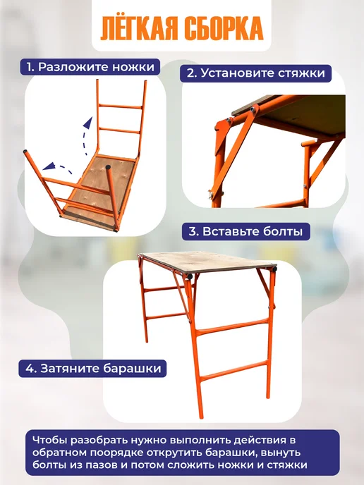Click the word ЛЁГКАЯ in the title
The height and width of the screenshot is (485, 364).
point(140,28)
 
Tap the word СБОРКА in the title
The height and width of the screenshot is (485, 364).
point(224,29)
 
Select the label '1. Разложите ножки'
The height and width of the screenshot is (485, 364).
point(90,67)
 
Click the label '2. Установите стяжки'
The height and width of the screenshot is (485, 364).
point(255,73)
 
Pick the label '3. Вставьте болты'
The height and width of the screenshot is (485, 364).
point(245,231)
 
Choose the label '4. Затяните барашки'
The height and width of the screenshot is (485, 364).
point(92,369)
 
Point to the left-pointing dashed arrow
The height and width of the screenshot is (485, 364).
point(58,168)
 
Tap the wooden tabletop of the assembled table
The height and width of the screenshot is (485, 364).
point(208,262)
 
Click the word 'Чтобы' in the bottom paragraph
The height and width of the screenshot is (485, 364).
point(49,440)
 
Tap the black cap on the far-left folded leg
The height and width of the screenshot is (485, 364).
point(25,152)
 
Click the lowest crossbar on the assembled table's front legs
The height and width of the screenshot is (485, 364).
point(234,371)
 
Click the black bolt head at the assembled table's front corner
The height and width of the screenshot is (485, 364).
point(189,276)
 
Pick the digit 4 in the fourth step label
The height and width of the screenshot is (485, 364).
point(30,369)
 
